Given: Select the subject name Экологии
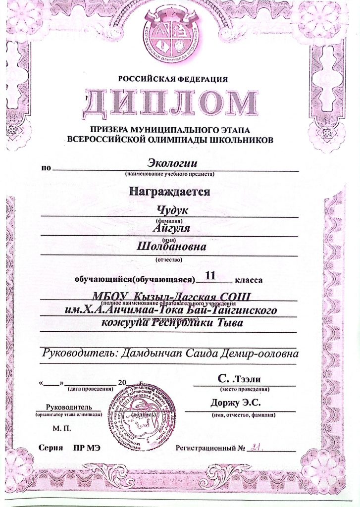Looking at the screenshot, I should pyautogui.click(x=173, y=162).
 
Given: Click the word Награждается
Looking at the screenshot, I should pyautogui.click(x=170, y=191).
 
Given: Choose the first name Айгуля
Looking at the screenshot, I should pyautogui.click(x=172, y=229).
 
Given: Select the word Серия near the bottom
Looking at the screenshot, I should pyautogui.click(x=51, y=448).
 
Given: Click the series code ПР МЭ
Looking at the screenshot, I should pyautogui.click(x=87, y=448).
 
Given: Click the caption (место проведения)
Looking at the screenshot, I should pyautogui.click(x=243, y=389).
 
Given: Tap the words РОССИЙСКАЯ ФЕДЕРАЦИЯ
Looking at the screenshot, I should pyautogui.click(x=173, y=79).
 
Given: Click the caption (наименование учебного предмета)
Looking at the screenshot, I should pyautogui.click(x=170, y=174).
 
